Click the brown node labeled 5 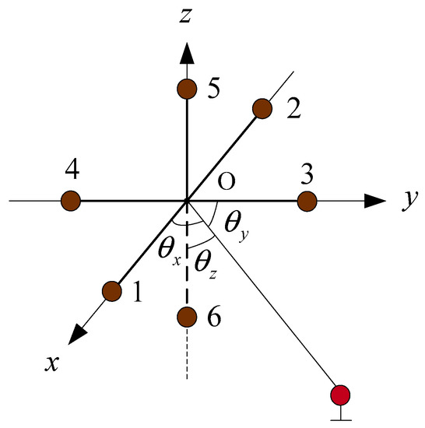click(x=186, y=88)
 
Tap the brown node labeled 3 click(x=307, y=202)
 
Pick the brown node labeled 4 click(x=71, y=201)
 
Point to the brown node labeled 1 click(x=112, y=292)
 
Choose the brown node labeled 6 click(x=186, y=317)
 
